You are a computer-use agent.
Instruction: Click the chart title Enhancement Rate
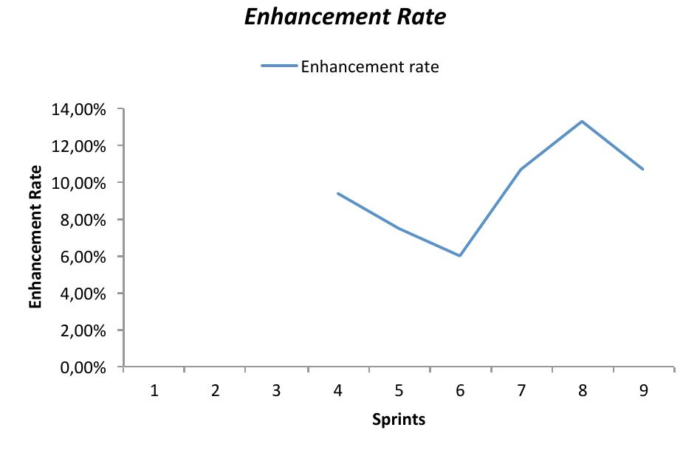(x=345, y=17)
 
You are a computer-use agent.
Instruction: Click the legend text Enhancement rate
(x=369, y=67)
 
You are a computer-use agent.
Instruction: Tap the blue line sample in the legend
(x=279, y=66)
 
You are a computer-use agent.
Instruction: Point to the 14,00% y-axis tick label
(x=79, y=109)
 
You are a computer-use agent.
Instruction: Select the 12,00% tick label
(x=79, y=146)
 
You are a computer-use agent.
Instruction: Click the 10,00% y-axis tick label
(x=79, y=183)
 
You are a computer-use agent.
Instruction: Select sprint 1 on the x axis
(x=154, y=391)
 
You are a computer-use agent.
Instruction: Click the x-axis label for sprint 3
(x=276, y=391)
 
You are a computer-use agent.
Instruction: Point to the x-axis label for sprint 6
(x=460, y=391)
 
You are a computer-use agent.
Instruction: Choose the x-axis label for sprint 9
(x=643, y=391)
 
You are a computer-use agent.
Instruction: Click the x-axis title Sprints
(x=399, y=420)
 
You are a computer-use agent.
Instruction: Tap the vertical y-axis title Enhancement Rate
(x=35, y=237)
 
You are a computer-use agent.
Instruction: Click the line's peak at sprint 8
(x=582, y=122)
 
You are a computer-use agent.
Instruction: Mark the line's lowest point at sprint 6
(x=460, y=256)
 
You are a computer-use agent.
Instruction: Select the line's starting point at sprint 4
(x=337, y=193)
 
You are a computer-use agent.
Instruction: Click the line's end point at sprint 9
(x=643, y=169)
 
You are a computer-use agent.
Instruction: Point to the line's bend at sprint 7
(x=521, y=170)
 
